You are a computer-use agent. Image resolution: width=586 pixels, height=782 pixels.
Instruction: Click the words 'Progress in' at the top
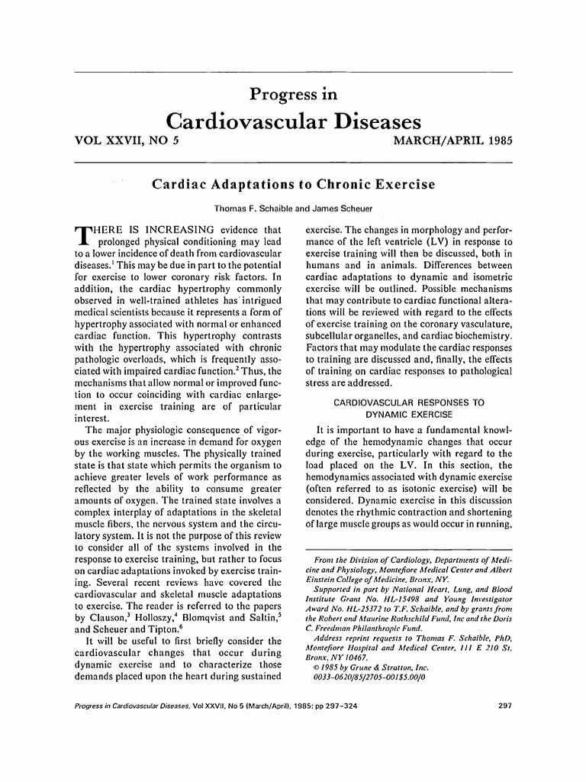pyautogui.click(x=293, y=95)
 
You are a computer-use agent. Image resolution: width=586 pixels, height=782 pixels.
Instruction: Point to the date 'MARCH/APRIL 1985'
pyautogui.click(x=450, y=141)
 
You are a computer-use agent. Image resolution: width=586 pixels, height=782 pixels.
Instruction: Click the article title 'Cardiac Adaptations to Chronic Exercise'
pyautogui.click(x=293, y=185)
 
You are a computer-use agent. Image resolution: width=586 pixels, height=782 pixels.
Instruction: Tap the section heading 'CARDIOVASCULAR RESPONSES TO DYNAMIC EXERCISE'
pyautogui.click(x=408, y=408)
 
